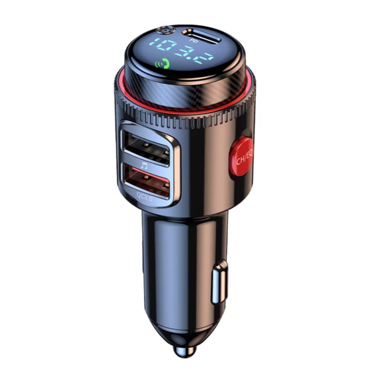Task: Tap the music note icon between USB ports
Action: pos(144,166)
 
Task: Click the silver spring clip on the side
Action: pos(219,281)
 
